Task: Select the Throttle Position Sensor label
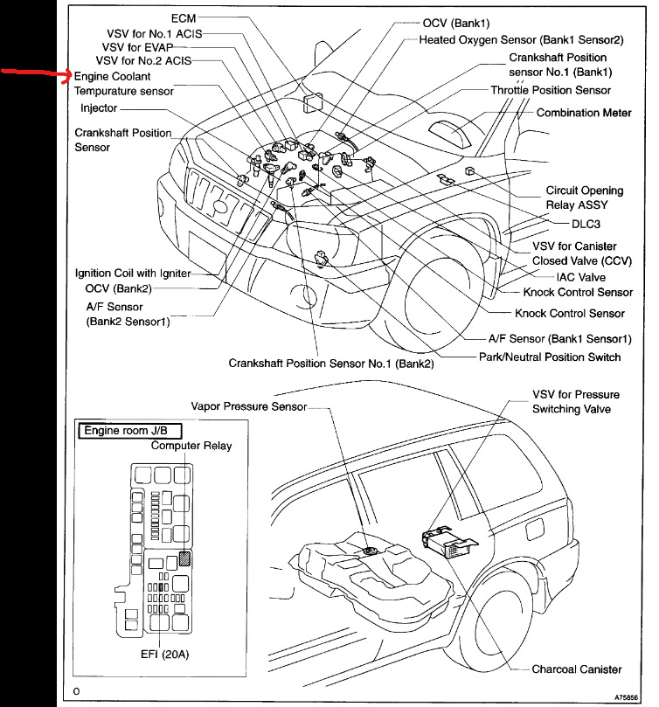551,90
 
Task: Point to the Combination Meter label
583,113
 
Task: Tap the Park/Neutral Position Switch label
550,357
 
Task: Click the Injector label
99,108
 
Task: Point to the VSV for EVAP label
138,45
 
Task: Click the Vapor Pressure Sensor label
249,406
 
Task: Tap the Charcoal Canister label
577,669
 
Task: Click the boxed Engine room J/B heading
130,431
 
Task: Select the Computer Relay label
191,446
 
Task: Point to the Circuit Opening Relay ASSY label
585,198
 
